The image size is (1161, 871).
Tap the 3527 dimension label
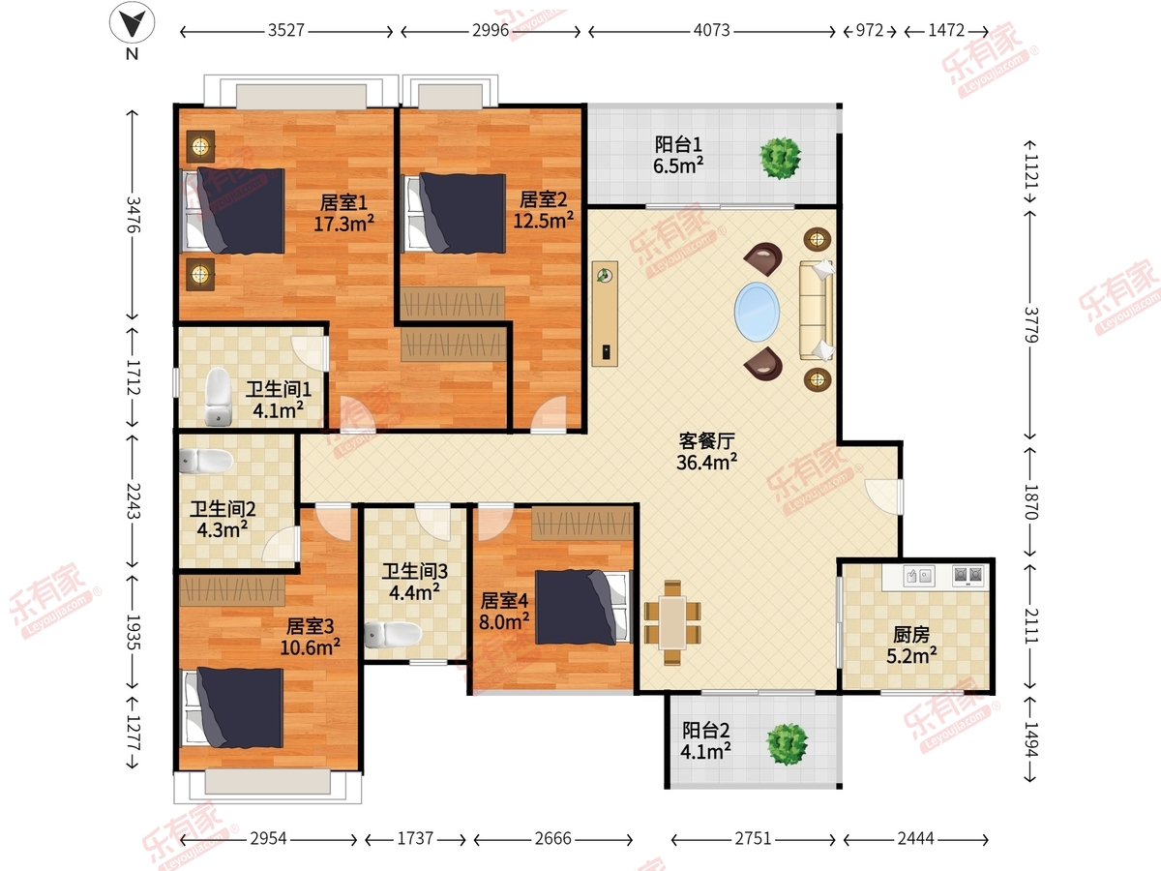[x=286, y=31]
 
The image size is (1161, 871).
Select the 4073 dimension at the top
[x=710, y=31]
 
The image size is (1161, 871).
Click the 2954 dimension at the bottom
[x=268, y=839]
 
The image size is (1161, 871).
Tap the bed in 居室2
[x=455, y=209]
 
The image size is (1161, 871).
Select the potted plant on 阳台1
[x=780, y=157]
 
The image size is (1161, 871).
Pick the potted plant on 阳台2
[x=787, y=742]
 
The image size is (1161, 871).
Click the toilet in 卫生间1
[x=220, y=398]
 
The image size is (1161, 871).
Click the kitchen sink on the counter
[x=918, y=577]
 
